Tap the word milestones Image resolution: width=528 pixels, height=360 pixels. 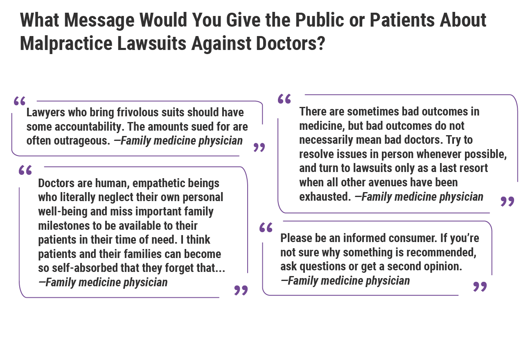click(59, 226)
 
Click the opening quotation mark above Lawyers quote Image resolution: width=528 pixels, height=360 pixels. click(20, 101)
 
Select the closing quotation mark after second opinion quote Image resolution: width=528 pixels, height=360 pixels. click(480, 287)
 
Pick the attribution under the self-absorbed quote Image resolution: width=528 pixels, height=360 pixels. click(103, 282)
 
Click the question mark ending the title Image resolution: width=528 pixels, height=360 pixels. click(320, 43)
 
